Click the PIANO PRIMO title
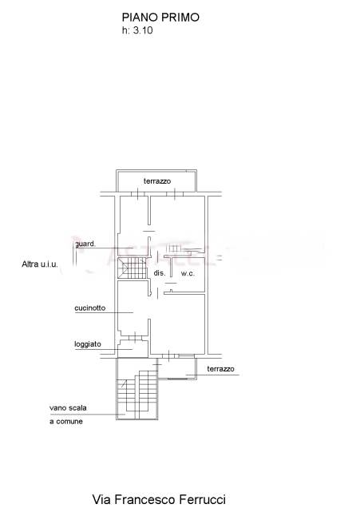tap(160, 17)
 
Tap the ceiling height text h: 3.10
tap(137, 30)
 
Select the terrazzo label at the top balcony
tap(157, 181)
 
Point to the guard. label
tap(85, 244)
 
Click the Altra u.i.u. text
tap(40, 264)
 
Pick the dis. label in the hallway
tap(160, 273)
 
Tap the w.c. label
tap(188, 273)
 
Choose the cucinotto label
tap(90, 308)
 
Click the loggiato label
tap(88, 343)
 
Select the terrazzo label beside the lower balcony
tap(220, 368)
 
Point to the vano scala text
tap(68, 407)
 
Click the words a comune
tap(66, 422)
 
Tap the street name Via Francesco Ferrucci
tap(159, 499)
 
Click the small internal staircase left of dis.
tap(133, 268)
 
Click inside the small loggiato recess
tap(133, 348)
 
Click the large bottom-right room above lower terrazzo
tap(177, 324)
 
